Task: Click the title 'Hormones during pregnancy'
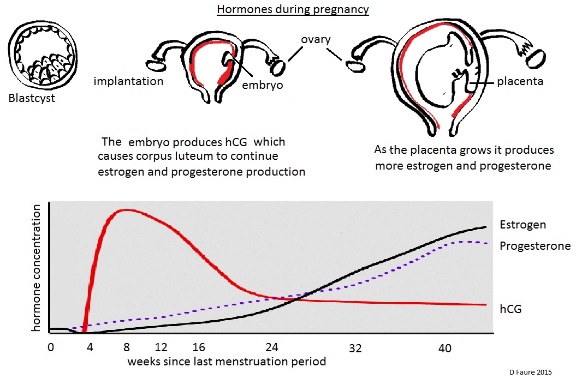click(293, 10)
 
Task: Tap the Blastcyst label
click(32, 99)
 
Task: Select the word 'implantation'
click(128, 82)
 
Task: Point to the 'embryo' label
click(263, 85)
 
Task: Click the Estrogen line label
click(522, 225)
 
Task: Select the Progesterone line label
click(535, 246)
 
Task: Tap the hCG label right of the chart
click(510, 309)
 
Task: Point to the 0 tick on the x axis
click(51, 348)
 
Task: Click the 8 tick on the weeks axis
click(127, 348)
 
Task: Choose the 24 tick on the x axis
click(271, 348)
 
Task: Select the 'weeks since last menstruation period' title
click(227, 361)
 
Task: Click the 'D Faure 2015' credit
click(531, 372)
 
